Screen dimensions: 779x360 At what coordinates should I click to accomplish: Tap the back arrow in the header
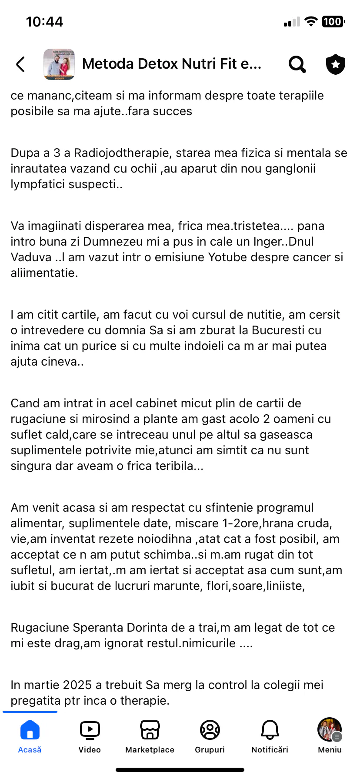(x=20, y=64)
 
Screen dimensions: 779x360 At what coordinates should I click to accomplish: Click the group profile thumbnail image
(x=59, y=64)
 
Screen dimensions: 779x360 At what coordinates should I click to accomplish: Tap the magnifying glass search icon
(x=297, y=64)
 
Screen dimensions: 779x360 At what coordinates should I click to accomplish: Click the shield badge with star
(x=335, y=64)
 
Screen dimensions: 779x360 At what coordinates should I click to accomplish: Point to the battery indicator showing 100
(x=333, y=22)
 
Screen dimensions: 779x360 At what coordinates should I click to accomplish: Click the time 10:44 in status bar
(x=44, y=22)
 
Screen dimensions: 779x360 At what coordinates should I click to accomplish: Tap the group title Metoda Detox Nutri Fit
(x=172, y=64)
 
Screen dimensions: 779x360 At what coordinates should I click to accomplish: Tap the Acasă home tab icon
(x=30, y=730)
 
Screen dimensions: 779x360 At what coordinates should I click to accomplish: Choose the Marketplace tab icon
(x=150, y=730)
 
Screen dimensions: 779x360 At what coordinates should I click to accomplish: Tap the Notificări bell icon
(x=270, y=730)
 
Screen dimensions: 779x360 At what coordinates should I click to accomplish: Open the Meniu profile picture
(x=329, y=730)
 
